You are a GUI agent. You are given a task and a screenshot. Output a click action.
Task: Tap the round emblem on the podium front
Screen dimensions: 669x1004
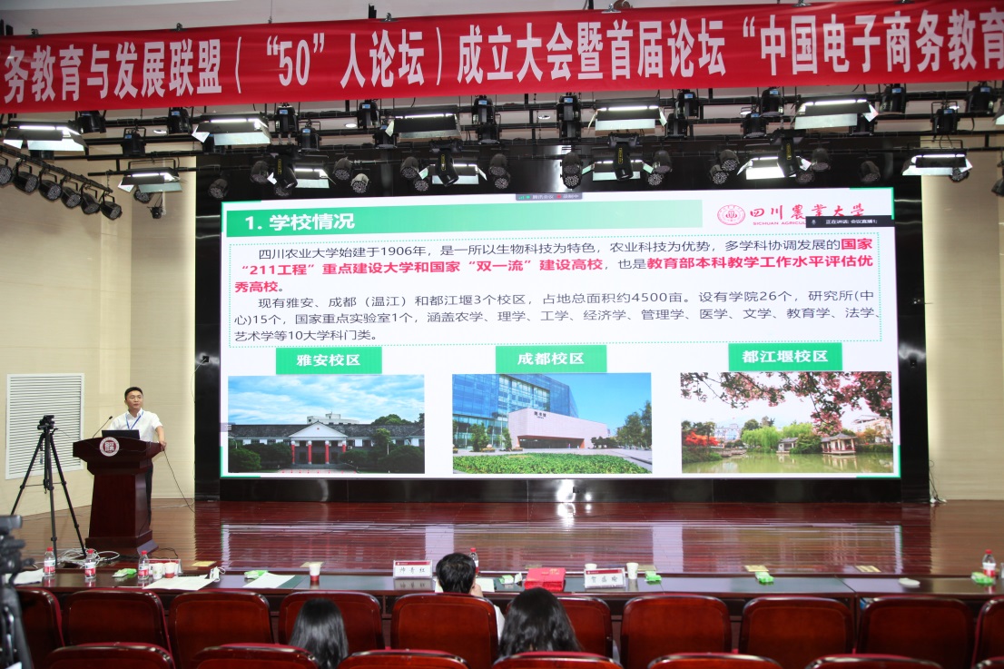(109, 447)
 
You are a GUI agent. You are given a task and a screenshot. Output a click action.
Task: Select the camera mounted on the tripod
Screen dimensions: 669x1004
(46, 423)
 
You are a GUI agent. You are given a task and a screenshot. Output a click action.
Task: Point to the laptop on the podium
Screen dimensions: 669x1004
(123, 434)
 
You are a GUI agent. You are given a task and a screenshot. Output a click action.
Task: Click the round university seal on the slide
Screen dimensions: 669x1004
(731, 215)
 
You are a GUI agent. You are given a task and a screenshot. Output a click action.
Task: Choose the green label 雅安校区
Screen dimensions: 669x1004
(329, 360)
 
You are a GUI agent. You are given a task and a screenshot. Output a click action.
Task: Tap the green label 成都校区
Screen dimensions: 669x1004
(550, 359)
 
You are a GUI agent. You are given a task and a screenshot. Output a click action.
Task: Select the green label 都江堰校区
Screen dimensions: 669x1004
(784, 356)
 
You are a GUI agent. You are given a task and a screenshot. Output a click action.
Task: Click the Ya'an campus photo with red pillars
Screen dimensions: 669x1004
(326, 424)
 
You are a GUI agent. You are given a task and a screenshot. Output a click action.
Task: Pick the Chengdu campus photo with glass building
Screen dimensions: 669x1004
(551, 423)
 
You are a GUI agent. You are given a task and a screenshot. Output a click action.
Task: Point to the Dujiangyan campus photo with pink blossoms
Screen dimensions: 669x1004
(786, 421)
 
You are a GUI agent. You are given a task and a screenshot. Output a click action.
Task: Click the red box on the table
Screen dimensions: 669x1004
(545, 578)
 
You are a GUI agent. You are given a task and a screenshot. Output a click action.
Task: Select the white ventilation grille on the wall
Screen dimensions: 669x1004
(44, 425)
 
